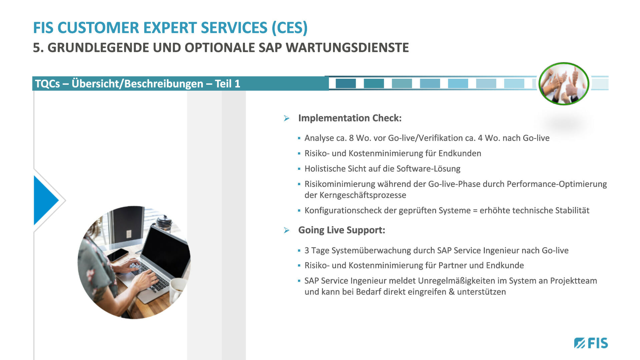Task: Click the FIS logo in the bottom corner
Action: (591, 343)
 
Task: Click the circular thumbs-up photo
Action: (564, 84)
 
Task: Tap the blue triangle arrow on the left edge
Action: (46, 200)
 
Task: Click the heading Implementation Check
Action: (350, 118)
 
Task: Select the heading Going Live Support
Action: (342, 230)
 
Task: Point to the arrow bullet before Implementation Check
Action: (287, 118)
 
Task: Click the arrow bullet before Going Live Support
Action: (287, 230)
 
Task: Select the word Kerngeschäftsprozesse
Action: (363, 195)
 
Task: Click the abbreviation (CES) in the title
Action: (289, 28)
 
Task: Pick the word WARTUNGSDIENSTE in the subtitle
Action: (347, 48)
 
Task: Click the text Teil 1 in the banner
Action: (228, 84)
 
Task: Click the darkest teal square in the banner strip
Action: (346, 83)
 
